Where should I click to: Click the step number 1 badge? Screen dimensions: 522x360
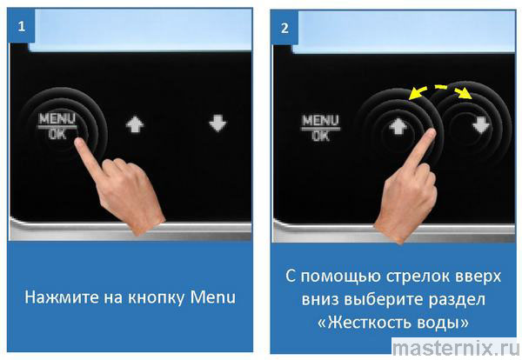point(21,26)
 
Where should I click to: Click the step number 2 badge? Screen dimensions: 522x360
point(284,28)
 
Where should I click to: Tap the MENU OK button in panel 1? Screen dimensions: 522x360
point(57,126)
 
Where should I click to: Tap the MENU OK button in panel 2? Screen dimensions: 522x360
point(321,128)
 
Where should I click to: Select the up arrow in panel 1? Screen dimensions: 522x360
point(135,124)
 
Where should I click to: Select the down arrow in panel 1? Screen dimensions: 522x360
point(217,123)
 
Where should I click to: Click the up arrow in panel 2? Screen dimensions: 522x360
point(398,126)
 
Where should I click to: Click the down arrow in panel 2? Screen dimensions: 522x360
point(481,125)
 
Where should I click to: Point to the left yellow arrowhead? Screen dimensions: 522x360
point(414,94)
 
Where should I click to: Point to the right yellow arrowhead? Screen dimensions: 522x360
point(465,94)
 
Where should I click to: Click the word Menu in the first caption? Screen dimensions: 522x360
point(213,297)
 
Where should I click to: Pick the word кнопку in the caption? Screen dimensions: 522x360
point(156,298)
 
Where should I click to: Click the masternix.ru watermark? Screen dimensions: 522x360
point(456,348)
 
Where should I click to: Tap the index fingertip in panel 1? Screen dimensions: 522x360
point(79,143)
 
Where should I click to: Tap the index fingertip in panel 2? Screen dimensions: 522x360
point(431,133)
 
